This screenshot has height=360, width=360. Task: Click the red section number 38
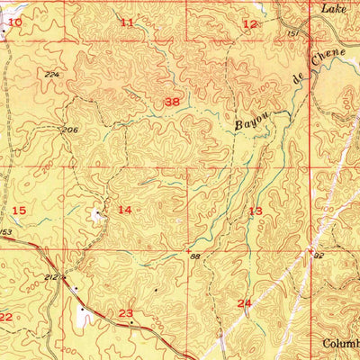tap(171, 103)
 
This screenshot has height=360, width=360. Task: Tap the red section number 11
tap(127, 22)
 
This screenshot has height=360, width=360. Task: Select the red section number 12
tap(249, 23)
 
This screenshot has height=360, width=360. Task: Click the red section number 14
tap(125, 210)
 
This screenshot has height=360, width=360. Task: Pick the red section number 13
tap(256, 211)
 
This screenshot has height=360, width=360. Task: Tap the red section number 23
tap(126, 312)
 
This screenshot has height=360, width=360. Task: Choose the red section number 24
tap(244, 303)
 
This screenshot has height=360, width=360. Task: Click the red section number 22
tap(5, 317)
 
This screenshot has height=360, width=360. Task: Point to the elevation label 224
tap(50, 74)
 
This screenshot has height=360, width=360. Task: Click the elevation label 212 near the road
tap(52, 278)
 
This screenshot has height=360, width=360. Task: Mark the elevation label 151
tap(292, 33)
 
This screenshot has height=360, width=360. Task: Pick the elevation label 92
tap(318, 256)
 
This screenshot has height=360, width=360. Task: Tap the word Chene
tap(328, 66)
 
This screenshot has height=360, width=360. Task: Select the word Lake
tap(336, 7)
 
